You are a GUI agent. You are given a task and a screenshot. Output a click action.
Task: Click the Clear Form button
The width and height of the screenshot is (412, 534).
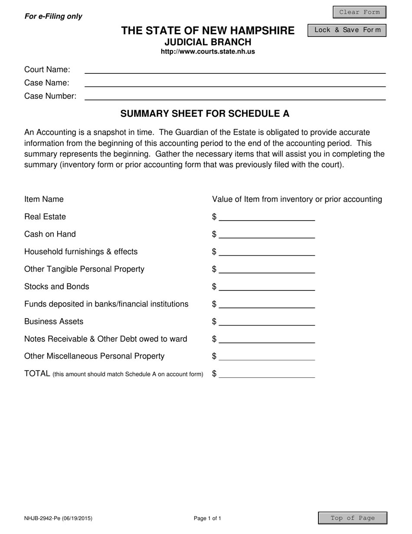(359, 12)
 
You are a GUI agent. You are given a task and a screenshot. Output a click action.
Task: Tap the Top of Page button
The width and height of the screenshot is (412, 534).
(353, 518)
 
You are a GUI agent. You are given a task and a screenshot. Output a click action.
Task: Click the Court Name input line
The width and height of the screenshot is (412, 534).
(235, 69)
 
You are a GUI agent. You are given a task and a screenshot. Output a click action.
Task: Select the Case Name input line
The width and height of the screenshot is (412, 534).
(235, 82)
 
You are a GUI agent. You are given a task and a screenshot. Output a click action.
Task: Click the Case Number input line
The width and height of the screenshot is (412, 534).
(235, 96)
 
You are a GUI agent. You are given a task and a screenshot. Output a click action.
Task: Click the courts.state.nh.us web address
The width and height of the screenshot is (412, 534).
(208, 52)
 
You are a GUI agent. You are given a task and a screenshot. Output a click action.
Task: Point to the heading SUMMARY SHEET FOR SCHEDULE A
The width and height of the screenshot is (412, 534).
(205, 114)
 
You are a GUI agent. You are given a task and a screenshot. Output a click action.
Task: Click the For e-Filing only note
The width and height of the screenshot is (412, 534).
(53, 16)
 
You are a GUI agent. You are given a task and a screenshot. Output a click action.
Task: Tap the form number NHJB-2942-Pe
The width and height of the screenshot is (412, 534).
(58, 518)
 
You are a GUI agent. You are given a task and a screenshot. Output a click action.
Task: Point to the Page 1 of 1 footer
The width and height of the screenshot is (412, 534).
(208, 518)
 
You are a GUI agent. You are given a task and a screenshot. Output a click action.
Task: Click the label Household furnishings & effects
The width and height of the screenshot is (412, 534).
(81, 252)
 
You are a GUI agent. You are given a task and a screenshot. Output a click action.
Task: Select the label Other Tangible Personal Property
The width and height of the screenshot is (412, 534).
(85, 269)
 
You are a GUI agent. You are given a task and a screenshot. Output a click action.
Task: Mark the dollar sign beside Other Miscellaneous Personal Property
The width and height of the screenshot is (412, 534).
(214, 356)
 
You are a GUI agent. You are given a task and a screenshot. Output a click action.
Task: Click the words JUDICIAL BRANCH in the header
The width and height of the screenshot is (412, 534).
(208, 42)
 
